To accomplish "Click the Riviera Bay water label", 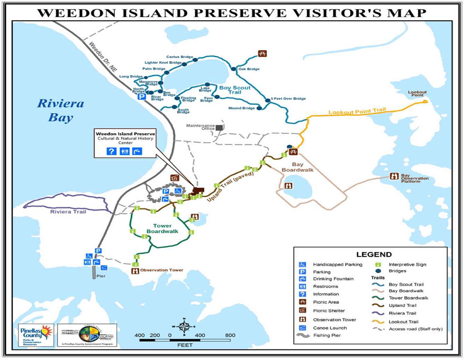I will [x=60, y=110].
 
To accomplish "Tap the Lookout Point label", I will [x=417, y=93].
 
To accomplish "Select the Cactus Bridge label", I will [x=180, y=57].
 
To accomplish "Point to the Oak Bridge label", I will [x=249, y=69].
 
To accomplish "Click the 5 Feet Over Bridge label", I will [x=288, y=98].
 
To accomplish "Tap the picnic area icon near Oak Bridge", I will [x=262, y=54].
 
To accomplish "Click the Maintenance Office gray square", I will [x=219, y=128].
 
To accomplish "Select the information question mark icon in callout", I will [x=111, y=151].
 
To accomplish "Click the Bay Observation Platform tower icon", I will [x=394, y=176].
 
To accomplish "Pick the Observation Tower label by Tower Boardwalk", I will [x=161, y=270].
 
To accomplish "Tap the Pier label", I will [x=101, y=276].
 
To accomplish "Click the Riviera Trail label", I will [x=68, y=212].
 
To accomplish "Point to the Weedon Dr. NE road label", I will [x=103, y=57].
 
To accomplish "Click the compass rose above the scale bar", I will [x=184, y=327].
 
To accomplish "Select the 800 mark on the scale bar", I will [x=230, y=335].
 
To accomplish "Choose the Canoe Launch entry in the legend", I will [x=330, y=328].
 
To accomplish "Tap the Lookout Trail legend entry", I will [x=403, y=322].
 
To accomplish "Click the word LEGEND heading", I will [x=374, y=254].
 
